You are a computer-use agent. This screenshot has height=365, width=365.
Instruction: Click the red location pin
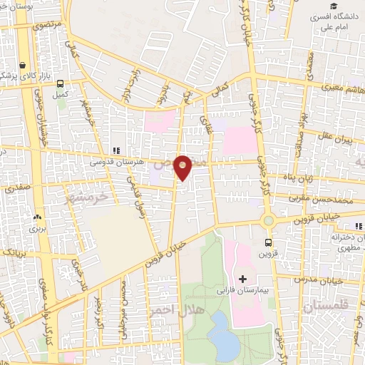[x=183, y=167]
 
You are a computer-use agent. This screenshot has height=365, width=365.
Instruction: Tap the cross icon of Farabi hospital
[x=242, y=278]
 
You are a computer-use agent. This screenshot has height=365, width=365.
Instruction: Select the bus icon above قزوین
[x=269, y=242]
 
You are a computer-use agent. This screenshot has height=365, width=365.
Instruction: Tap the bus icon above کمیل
[x=61, y=83]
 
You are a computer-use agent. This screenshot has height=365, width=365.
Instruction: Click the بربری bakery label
[x=37, y=229]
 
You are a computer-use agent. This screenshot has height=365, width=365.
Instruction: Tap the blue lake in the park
[x=225, y=335]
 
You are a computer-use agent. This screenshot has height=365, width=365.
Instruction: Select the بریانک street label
[x=14, y=252]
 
